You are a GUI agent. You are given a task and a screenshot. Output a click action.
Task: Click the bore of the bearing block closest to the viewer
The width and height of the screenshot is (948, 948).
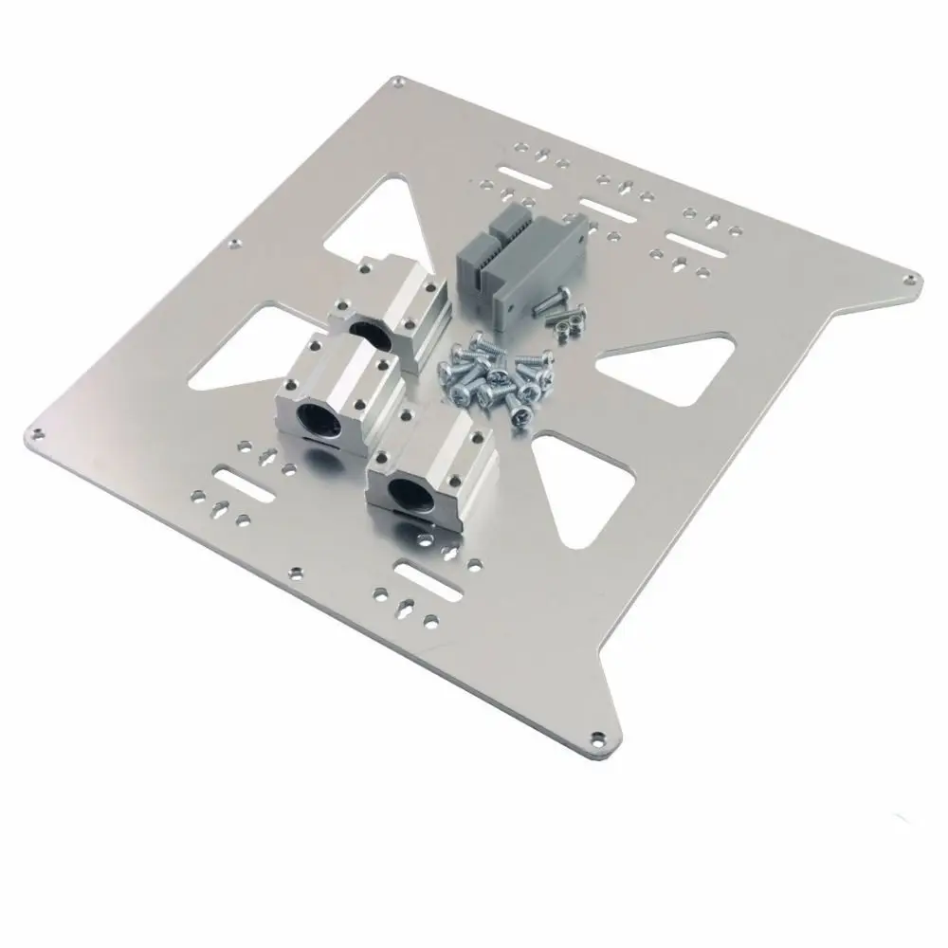pos(407,492)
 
